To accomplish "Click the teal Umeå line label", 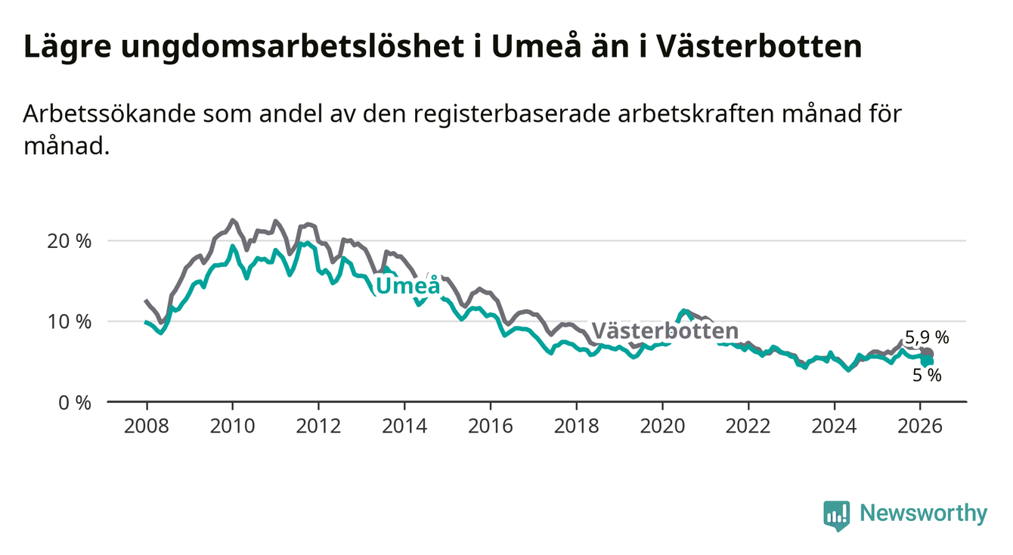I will tap(407, 287).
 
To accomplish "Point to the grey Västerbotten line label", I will tap(664, 331).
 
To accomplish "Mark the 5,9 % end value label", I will tap(926, 338).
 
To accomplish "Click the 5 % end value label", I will tap(927, 374).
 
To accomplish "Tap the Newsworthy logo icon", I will tap(836, 515).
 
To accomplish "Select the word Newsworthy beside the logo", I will tap(924, 514).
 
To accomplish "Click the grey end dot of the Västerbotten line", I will tap(928, 354).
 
